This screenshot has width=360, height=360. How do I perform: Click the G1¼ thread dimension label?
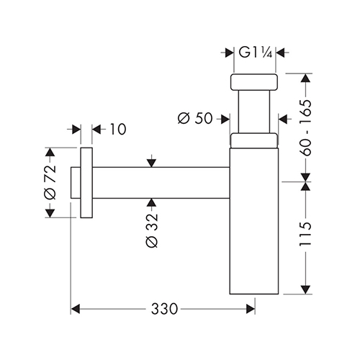point(256,53)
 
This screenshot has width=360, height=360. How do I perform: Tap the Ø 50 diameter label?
point(195,118)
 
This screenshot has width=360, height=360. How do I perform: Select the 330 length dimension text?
point(164,309)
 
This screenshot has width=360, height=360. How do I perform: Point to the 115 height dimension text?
point(305,234)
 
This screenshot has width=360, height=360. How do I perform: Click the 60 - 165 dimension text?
point(305,127)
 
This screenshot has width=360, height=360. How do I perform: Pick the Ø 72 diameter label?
point(50,182)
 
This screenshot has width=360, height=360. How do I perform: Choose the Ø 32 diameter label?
point(152,230)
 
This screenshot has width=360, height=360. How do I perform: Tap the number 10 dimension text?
point(118,130)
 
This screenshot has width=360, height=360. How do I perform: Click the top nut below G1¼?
point(254,82)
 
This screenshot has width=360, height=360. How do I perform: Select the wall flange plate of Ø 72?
point(86,183)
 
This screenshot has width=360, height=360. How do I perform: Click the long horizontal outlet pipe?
point(161,183)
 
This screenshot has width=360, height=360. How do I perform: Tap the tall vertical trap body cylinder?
point(254,221)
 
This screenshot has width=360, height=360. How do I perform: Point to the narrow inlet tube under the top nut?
point(254,112)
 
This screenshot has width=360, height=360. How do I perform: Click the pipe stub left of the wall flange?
point(76,183)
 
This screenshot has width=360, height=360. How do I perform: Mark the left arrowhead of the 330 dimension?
point(76,309)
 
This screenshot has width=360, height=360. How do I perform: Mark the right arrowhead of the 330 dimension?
point(251,309)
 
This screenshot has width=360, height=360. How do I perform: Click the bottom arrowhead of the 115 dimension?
point(305,289)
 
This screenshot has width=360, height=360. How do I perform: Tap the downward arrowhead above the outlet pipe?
point(151,163)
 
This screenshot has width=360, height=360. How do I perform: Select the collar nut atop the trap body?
point(254,140)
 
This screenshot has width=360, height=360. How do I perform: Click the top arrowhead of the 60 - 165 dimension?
point(305,78)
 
